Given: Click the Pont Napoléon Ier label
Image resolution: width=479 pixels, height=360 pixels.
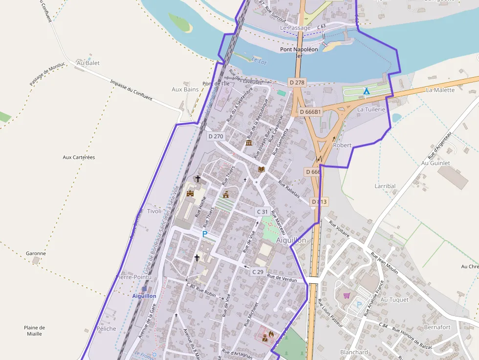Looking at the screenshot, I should pyautogui.click(x=299, y=52).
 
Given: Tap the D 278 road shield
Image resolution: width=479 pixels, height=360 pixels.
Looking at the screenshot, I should pyautogui.click(x=297, y=83).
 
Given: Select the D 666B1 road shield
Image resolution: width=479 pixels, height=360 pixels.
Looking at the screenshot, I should pyautogui.click(x=310, y=112).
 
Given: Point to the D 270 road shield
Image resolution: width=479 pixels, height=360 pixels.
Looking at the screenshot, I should pyautogui.click(x=215, y=136).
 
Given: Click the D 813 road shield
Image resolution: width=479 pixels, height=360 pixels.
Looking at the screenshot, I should pyautogui.click(x=319, y=201).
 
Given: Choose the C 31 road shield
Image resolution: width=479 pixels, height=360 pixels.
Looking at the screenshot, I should pyautogui.click(x=262, y=212).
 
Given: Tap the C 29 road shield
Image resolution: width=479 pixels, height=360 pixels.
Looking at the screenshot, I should pyautogui.click(x=258, y=272).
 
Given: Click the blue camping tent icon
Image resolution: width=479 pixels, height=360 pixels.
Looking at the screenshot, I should pyautogui.click(x=366, y=91).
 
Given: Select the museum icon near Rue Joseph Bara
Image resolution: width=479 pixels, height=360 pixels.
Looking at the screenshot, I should pyautogui.click(x=249, y=143).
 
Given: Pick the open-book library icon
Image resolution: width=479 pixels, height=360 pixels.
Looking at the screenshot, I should pyautogui.click(x=261, y=169).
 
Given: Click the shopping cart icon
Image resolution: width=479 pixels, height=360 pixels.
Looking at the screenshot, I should pyautogui.click(x=347, y=296).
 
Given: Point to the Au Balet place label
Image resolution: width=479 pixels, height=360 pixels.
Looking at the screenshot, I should pyautogui.click(x=88, y=63).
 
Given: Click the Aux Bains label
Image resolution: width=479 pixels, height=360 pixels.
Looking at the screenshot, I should pyautogui.click(x=185, y=89).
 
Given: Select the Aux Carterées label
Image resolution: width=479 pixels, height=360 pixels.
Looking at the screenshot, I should pyautogui.click(x=79, y=157).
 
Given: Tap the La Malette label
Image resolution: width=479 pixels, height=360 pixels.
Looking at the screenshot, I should pyautogui.click(x=440, y=90).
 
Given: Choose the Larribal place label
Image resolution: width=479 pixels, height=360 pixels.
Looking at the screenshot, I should pyautogui.click(x=385, y=186).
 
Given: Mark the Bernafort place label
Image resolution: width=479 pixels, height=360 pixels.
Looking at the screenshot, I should pyautogui.click(x=437, y=327).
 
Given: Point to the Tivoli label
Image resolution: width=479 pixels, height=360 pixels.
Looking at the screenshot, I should pyautogui.click(x=154, y=211).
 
